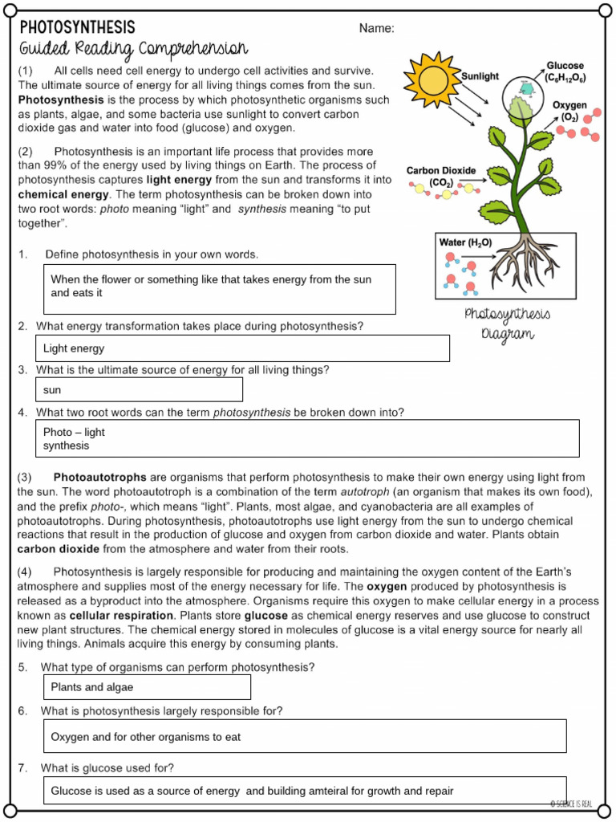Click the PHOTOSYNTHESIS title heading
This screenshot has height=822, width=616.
pyautogui.click(x=77, y=28)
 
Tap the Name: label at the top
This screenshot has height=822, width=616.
pyautogui.click(x=376, y=29)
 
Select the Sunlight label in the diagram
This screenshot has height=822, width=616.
pyautogui.click(x=480, y=76)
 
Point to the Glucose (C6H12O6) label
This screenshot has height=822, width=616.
pyautogui.click(x=565, y=71)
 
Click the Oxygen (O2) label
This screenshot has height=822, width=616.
pyautogui.click(x=569, y=112)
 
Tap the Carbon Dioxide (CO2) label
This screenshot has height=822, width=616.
pyautogui.click(x=440, y=177)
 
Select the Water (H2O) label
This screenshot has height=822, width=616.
pyautogui.click(x=464, y=242)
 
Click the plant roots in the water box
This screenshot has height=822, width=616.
pyautogui.click(x=521, y=261)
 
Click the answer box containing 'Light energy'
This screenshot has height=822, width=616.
pyautogui.click(x=241, y=348)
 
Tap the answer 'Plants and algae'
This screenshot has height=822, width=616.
pyautogui.click(x=92, y=687)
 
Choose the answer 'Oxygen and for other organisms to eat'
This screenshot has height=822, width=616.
pyautogui.click(x=145, y=736)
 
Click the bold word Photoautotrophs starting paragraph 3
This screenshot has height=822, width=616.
pyautogui.click(x=99, y=478)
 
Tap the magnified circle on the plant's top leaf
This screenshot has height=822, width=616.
pyautogui.click(x=523, y=100)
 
